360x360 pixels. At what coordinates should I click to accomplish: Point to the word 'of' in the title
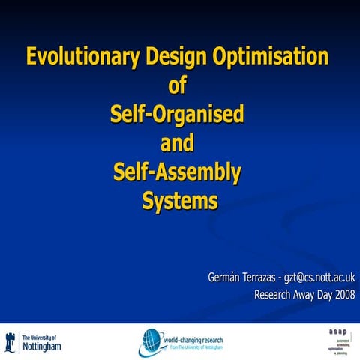tap(178, 85)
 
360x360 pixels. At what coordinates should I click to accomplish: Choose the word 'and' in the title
tap(178, 143)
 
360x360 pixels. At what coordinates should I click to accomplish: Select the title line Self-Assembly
tap(178, 172)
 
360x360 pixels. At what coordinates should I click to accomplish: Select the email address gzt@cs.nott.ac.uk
tap(324, 277)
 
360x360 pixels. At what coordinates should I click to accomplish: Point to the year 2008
tap(340, 294)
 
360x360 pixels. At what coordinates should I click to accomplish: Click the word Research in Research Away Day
tap(274, 294)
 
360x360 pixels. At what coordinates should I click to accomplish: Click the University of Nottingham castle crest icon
tap(12, 342)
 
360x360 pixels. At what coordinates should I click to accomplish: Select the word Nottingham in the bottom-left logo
tap(43, 346)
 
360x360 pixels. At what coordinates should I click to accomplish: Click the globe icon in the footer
tap(150, 343)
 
